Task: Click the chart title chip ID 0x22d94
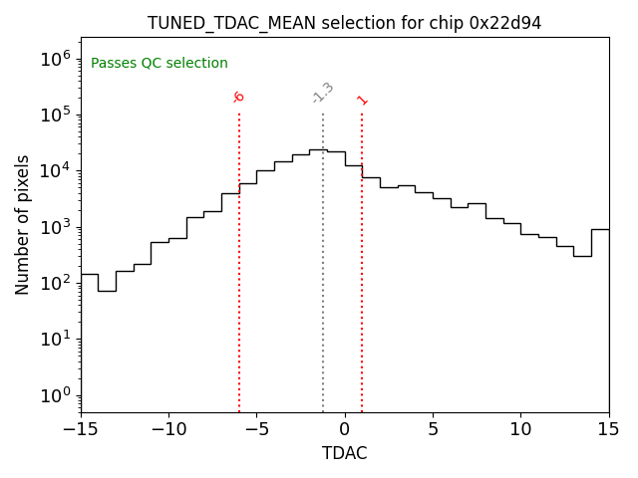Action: pos(505,23)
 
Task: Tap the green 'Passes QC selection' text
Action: pos(159,64)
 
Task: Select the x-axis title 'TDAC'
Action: pos(345,453)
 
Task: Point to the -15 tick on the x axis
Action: pos(81,429)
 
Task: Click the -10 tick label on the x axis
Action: pos(168,429)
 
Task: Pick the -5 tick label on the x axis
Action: pos(256,429)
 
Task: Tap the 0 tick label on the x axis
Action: pos(345,429)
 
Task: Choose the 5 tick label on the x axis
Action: pos(433,429)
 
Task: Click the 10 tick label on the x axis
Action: pos(520,429)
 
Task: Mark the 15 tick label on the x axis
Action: pos(608,429)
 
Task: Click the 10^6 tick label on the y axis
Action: pos(55,58)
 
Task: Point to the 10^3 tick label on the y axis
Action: pos(55,227)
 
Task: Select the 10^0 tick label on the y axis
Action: pos(55,395)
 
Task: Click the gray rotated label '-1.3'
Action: pos(323,93)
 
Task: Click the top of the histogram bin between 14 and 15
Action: pos(600,229)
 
